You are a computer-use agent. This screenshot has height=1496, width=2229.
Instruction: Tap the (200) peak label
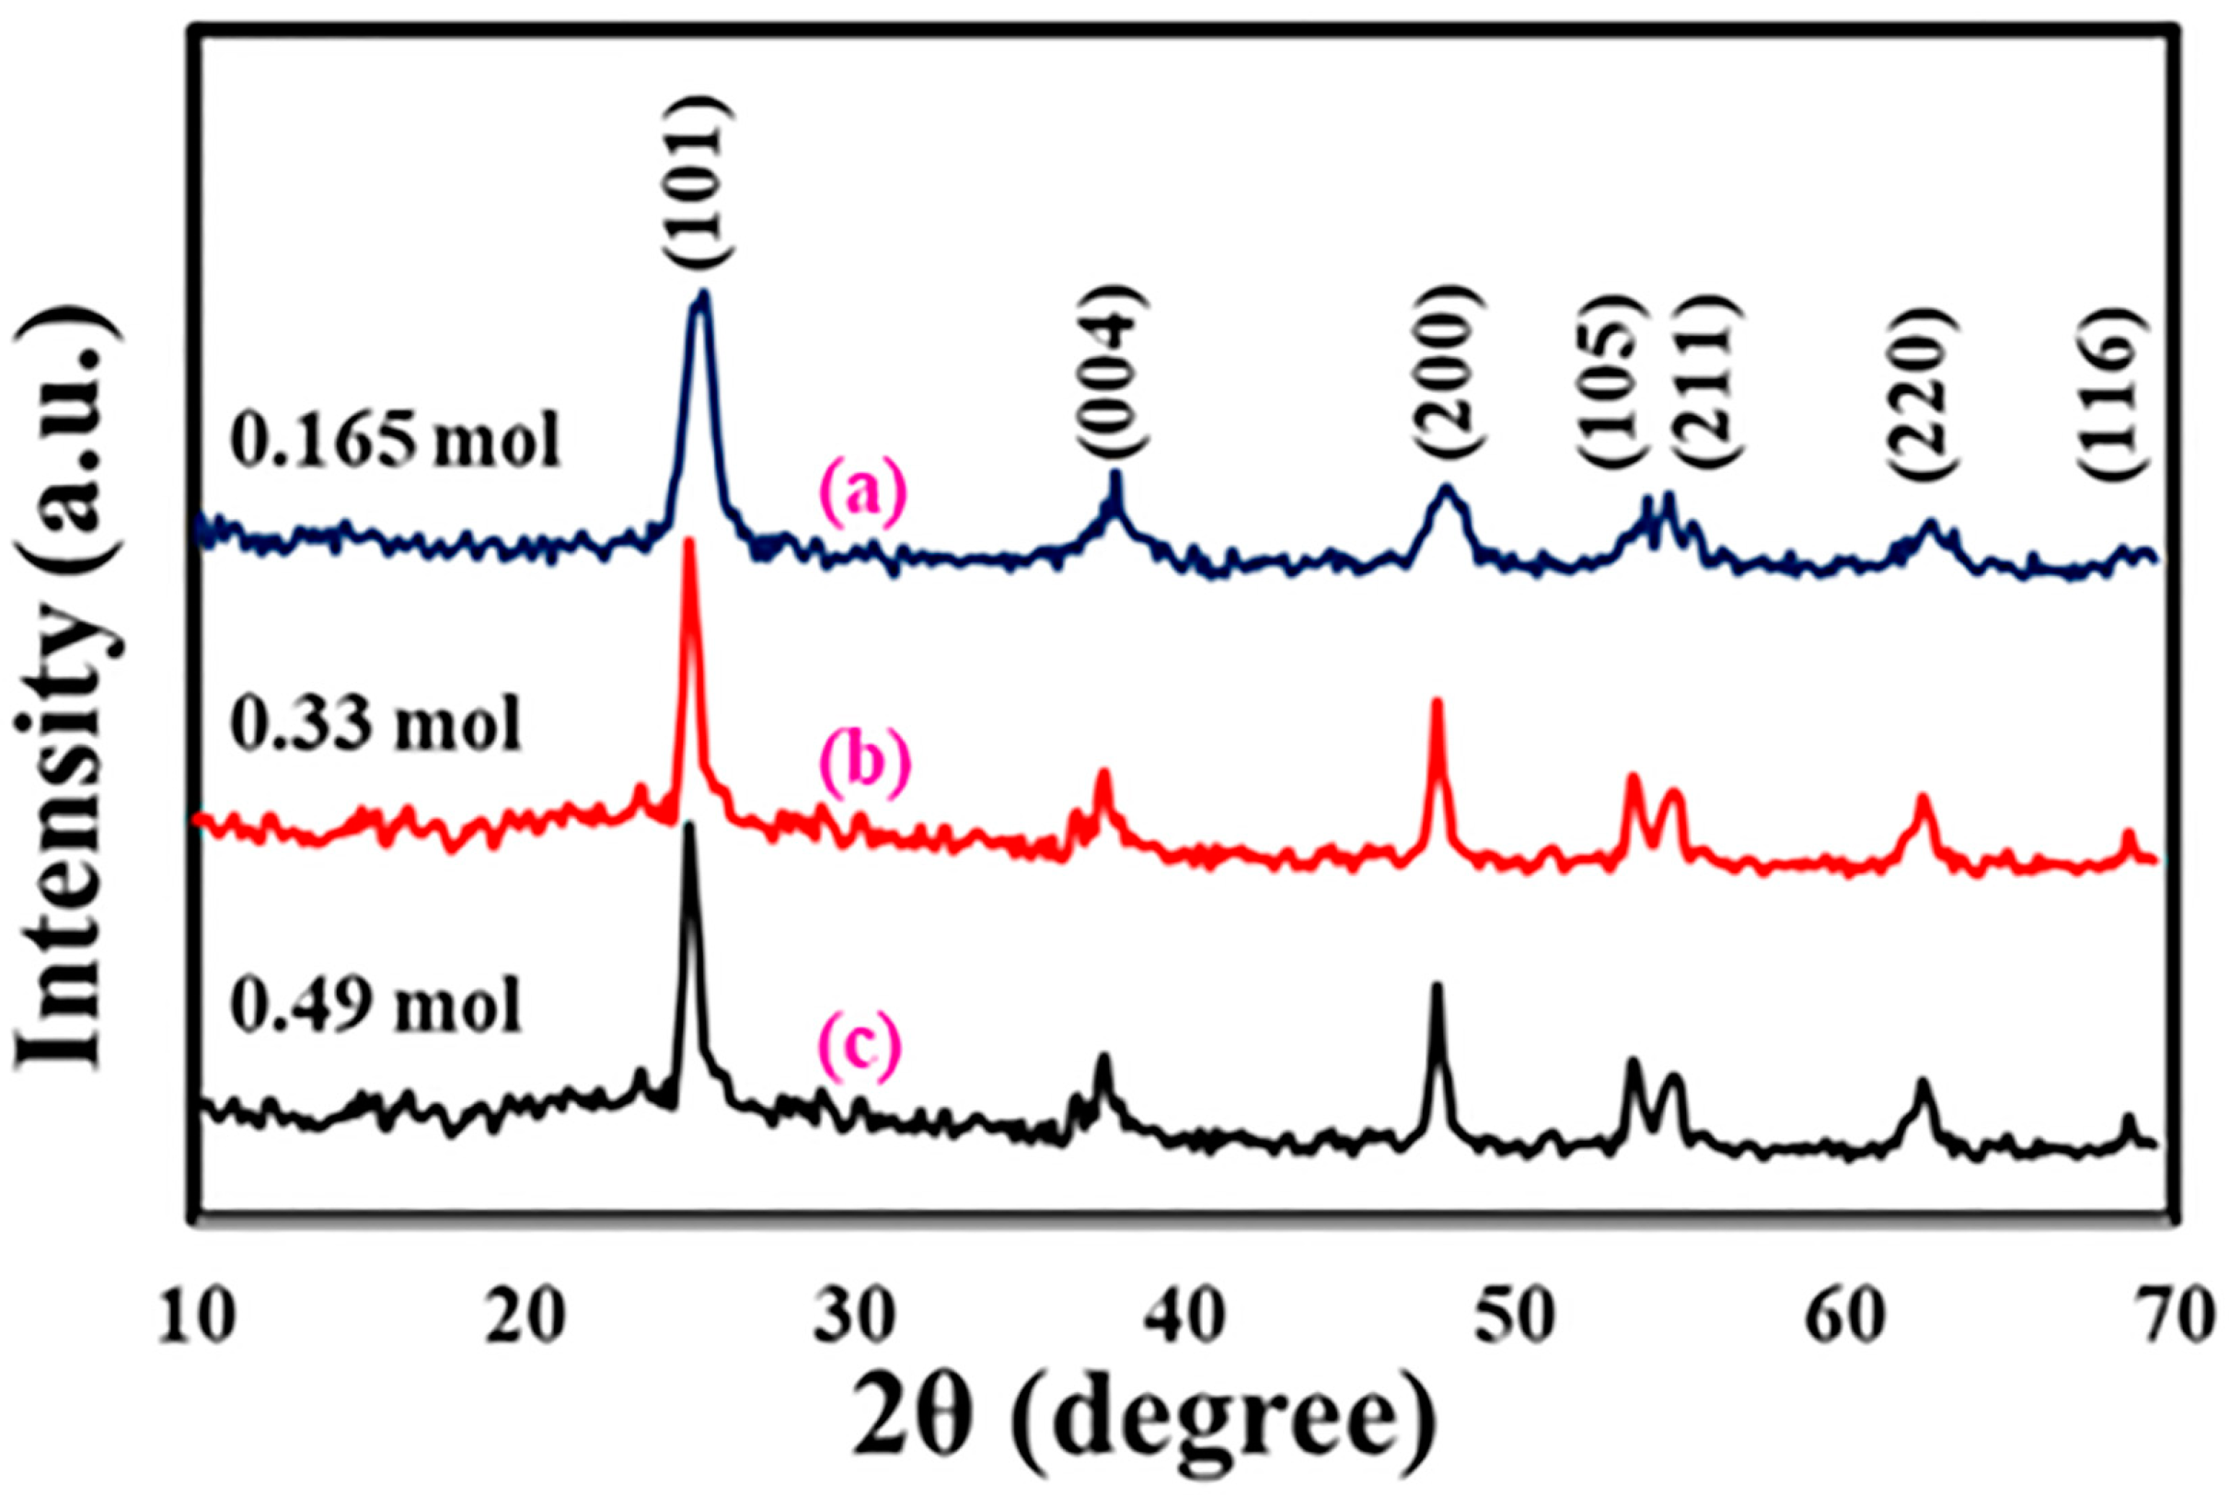click(1449, 381)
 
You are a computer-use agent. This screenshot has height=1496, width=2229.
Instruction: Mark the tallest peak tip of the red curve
click(689, 544)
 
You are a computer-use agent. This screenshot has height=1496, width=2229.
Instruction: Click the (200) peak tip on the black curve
click(1437, 985)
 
